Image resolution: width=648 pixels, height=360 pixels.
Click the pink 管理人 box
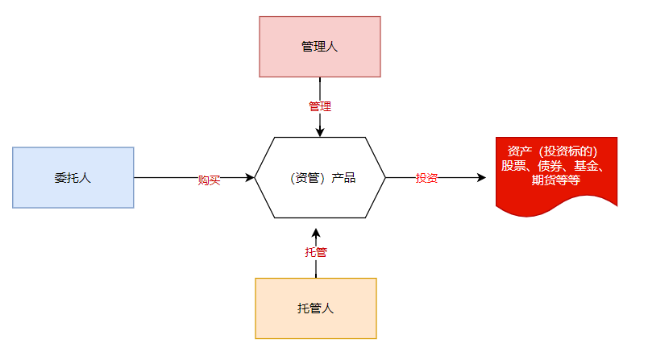tap(320, 47)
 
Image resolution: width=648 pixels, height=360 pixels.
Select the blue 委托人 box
tap(73, 177)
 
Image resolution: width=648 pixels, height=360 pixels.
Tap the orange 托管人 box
tap(316, 308)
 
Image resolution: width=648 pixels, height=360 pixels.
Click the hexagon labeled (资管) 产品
tap(320, 177)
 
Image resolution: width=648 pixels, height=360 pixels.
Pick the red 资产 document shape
tap(556, 176)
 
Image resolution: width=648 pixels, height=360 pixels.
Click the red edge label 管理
tap(320, 106)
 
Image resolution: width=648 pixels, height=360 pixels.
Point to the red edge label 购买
tap(209, 180)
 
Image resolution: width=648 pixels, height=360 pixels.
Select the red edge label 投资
tap(426, 178)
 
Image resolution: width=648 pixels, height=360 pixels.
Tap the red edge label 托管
tap(316, 252)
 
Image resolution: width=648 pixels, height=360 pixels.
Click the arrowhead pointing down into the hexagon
tap(320, 132)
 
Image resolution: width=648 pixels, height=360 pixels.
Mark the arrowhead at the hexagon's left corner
tap(250, 177)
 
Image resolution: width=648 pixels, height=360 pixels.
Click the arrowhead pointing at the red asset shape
tap(481, 177)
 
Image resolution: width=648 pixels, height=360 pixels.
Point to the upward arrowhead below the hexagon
tap(316, 234)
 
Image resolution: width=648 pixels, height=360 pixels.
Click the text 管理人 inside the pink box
tap(319, 47)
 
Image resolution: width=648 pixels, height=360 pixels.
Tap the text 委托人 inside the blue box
tap(73, 178)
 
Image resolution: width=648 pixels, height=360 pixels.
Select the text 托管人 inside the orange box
tap(315, 308)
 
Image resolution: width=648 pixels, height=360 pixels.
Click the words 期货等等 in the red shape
tap(556, 180)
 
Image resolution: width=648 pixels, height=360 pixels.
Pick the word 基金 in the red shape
tap(586, 166)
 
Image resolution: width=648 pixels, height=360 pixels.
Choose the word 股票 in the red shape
tap(513, 166)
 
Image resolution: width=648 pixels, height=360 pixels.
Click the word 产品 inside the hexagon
tap(343, 178)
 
